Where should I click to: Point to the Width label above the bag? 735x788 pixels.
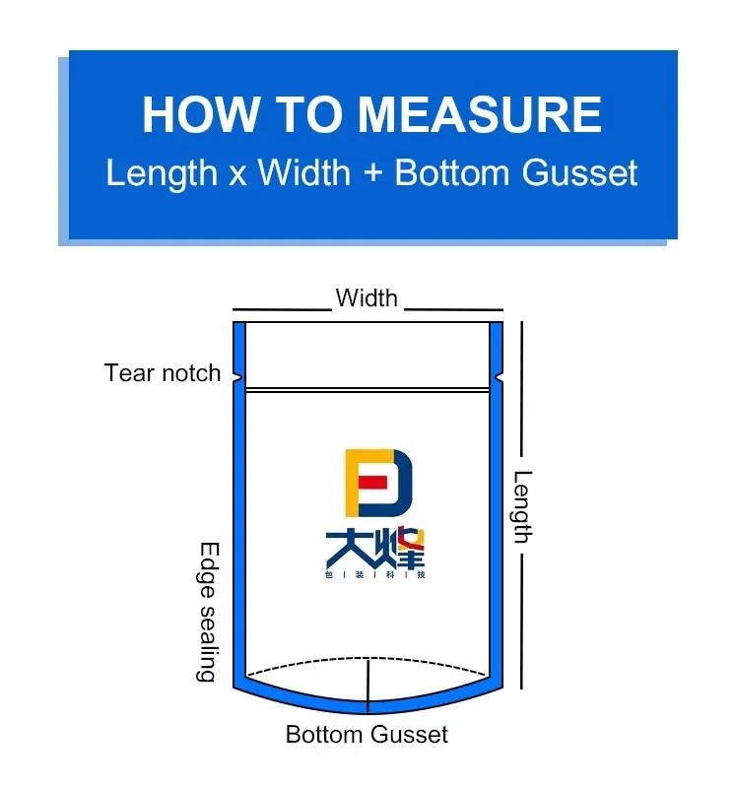(x=367, y=297)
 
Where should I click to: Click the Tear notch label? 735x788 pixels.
(x=163, y=372)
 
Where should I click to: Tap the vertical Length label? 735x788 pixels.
(x=522, y=506)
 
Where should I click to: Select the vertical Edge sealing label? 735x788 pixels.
(x=208, y=612)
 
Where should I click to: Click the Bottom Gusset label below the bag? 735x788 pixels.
(x=367, y=734)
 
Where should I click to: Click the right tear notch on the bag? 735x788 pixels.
(x=500, y=375)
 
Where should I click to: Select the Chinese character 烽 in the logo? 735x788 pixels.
(x=400, y=549)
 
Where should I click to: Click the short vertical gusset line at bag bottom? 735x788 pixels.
(x=367, y=684)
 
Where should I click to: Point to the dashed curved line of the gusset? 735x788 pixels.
(x=296, y=663)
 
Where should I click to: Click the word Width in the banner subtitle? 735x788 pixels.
(x=303, y=173)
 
